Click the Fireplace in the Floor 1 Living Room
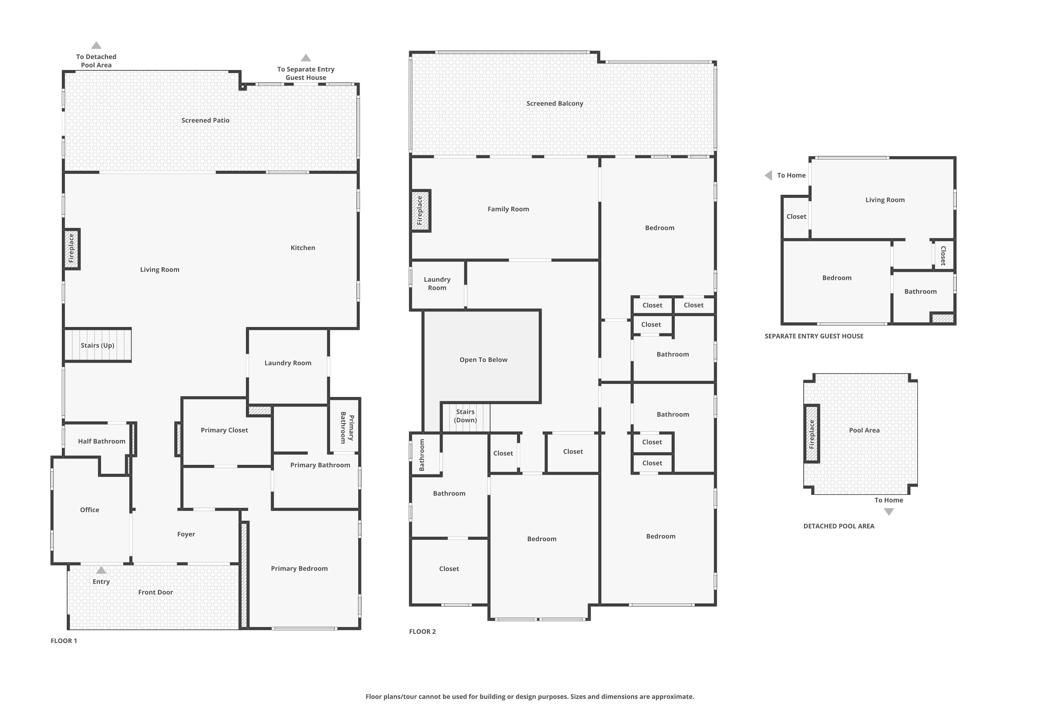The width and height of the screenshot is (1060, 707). (x=71, y=249)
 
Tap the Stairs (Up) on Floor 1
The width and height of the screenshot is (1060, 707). (x=98, y=345)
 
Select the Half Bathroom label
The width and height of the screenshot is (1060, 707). (x=101, y=442)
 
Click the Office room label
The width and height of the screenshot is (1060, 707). (x=89, y=510)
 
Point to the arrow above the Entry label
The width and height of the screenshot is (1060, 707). (x=101, y=571)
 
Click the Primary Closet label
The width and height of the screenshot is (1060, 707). (x=224, y=430)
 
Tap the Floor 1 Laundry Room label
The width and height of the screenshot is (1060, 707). (x=288, y=363)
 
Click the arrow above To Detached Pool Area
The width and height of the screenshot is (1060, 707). (x=96, y=46)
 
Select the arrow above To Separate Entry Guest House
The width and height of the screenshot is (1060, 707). (x=306, y=58)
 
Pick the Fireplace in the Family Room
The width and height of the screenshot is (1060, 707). (x=420, y=211)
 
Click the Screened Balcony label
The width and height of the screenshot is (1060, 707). (x=554, y=104)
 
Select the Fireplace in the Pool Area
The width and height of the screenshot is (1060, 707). (x=812, y=434)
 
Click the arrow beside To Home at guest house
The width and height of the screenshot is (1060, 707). (x=768, y=175)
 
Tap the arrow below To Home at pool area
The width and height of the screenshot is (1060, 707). (x=888, y=512)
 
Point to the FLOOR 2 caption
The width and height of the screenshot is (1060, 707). (x=422, y=632)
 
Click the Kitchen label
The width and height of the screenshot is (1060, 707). (x=302, y=248)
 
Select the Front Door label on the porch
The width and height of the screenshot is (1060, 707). (x=155, y=592)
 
